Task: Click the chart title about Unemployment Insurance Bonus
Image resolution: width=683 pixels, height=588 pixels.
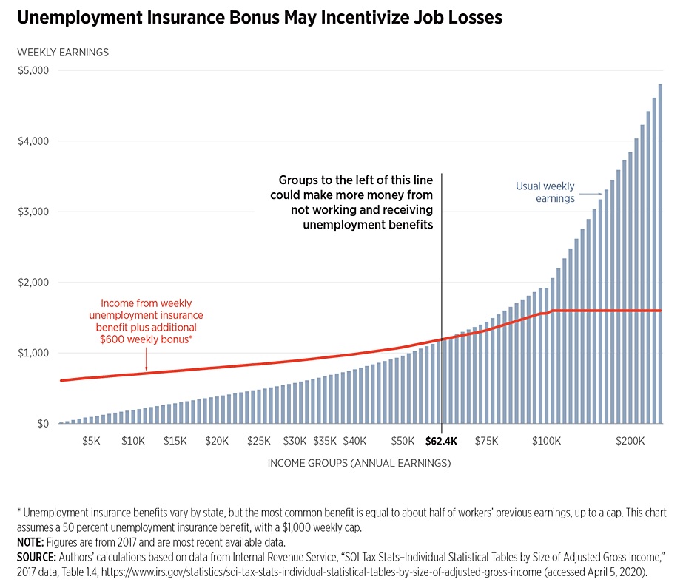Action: (x=258, y=18)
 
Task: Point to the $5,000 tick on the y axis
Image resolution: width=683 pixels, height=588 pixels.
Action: (x=33, y=71)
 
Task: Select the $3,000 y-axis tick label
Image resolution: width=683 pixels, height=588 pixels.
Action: (x=33, y=212)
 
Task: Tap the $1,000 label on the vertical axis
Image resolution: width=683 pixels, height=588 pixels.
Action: (x=33, y=354)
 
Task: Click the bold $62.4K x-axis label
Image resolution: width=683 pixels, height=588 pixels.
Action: (x=442, y=442)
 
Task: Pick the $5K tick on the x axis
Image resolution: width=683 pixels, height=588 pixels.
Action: (x=91, y=442)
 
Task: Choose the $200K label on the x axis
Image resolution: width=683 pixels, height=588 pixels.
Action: (x=630, y=442)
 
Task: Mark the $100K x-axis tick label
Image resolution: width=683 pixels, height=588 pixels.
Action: (x=546, y=442)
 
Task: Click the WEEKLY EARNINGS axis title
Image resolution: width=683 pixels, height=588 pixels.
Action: (x=63, y=53)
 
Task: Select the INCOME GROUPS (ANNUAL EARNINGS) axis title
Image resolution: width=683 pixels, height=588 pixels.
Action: (x=359, y=464)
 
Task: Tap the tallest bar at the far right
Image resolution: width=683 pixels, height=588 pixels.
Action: (x=660, y=251)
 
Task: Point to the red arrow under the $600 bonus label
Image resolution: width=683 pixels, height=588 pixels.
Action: (x=146, y=362)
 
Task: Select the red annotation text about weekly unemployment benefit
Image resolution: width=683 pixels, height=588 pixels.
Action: (x=152, y=320)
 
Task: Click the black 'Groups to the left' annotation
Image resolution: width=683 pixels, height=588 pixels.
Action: (x=355, y=202)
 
